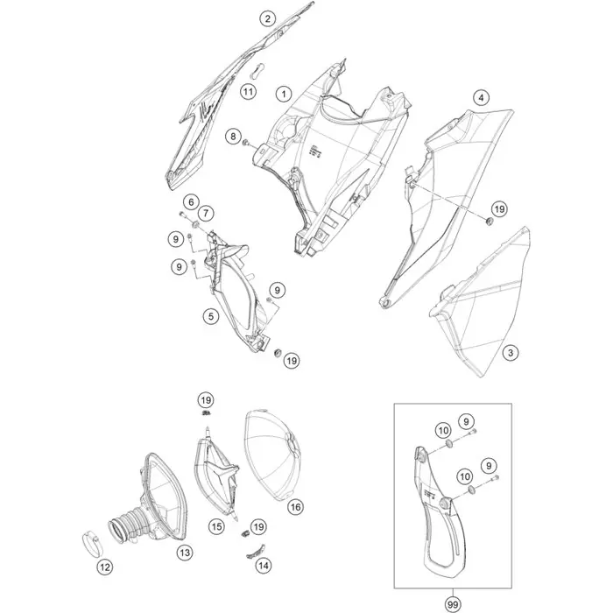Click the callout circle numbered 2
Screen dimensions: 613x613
coord(267,18)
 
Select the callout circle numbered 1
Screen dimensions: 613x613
coord(284,94)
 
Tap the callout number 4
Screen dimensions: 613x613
coord(481,97)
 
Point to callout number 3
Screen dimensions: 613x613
coord(511,353)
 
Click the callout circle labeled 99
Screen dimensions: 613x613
coord(454,605)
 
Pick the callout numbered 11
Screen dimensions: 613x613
coord(248,92)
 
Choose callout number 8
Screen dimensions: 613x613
coord(234,137)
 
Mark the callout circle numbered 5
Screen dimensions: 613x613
coord(211,316)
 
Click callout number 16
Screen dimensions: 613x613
coord(295,507)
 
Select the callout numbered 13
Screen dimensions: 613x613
coord(185,553)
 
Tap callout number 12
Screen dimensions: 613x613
coord(105,567)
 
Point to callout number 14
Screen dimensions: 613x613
coord(264,566)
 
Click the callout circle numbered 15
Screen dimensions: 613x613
coord(216,526)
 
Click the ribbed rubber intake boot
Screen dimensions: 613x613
coord(127,524)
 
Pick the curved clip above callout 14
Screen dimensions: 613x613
coord(256,551)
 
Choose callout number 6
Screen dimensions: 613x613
coord(191,202)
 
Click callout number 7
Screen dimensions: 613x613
coord(206,214)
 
